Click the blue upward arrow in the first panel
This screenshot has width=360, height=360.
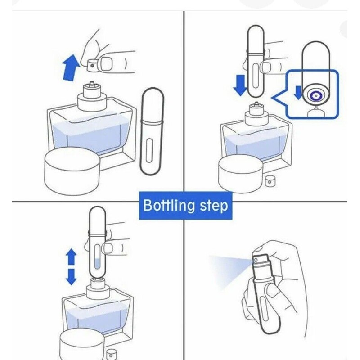71,68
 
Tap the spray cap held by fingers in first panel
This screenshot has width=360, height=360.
94,65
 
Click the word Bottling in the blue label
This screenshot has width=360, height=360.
168,205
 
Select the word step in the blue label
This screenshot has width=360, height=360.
214,206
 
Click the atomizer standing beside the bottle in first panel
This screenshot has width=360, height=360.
152,131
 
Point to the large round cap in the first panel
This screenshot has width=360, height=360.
72,171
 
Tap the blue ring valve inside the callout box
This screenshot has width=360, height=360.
316,95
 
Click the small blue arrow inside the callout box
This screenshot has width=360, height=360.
298,93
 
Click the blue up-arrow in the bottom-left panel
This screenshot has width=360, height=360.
72,256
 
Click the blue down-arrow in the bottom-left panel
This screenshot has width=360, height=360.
72,277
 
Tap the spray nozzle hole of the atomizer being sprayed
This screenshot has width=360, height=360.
256,261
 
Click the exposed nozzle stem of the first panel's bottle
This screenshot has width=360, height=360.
92,83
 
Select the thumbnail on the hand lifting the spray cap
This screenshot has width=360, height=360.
106,64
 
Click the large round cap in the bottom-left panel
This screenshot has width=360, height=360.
82,344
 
